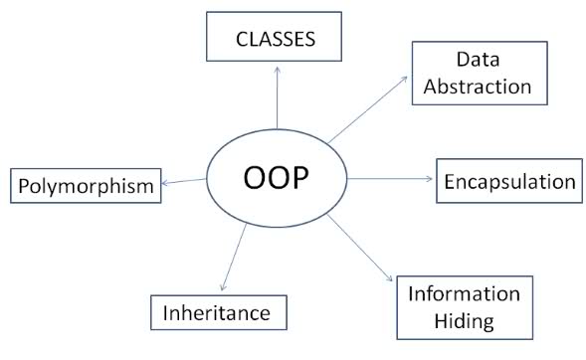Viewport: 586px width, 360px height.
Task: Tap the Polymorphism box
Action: [86, 185]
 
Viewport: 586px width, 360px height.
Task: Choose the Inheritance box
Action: [217, 312]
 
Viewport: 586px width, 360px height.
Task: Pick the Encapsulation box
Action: [508, 181]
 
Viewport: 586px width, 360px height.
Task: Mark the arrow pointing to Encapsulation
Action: [390, 179]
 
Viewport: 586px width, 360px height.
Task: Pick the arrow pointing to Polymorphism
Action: [185, 181]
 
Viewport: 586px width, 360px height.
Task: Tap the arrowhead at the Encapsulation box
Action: [431, 179]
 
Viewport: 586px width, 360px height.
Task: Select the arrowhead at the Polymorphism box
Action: [166, 182]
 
